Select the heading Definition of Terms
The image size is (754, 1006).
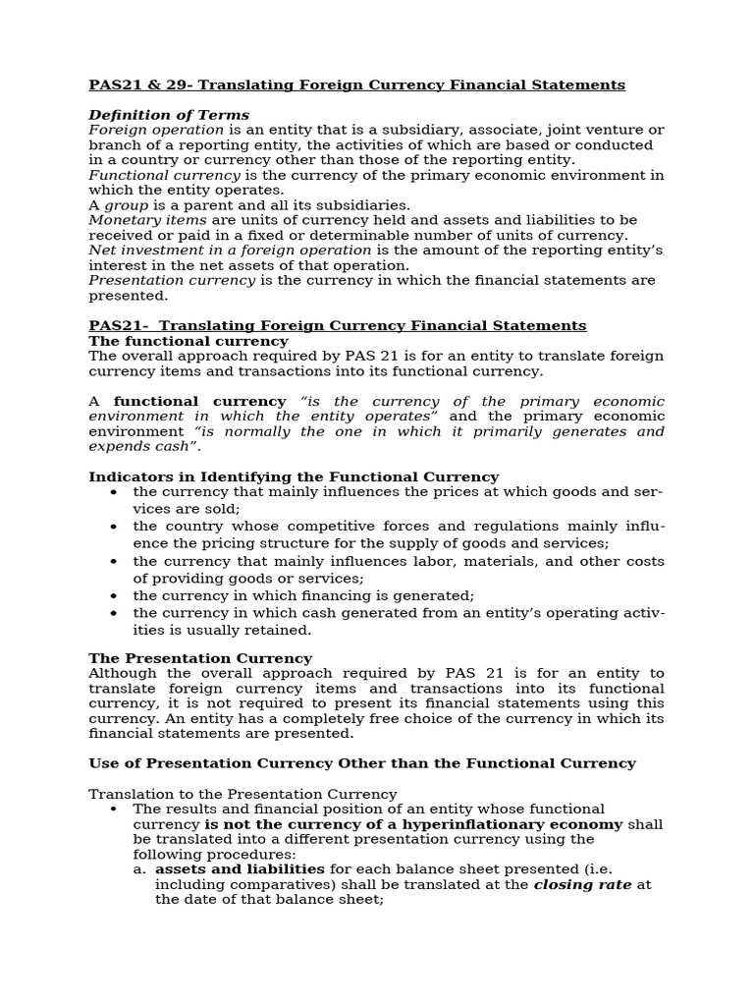[169, 115]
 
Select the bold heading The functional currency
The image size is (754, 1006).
[188, 341]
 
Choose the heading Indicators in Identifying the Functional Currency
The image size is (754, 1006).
[294, 476]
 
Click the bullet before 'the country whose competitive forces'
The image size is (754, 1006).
[114, 527]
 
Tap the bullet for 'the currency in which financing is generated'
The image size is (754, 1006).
[114, 596]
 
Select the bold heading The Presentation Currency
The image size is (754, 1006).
[200, 658]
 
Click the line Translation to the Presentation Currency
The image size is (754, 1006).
[242, 794]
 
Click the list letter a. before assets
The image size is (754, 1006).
[140, 869]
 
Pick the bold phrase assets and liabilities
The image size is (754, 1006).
[240, 869]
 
